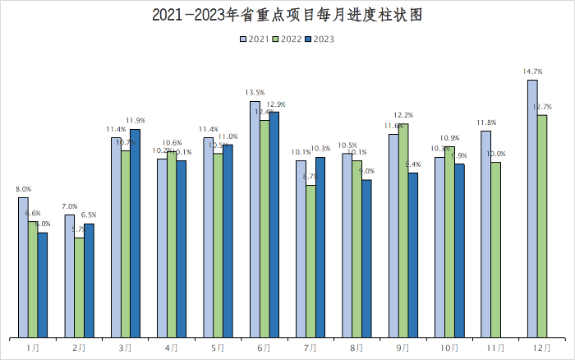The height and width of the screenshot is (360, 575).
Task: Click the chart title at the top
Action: [x=287, y=15]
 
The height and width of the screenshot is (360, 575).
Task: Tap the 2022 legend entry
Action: [x=286, y=39]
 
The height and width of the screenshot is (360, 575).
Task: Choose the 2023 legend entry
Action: [x=320, y=39]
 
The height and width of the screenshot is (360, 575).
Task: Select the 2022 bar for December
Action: [x=542, y=226]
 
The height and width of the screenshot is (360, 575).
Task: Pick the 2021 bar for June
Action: [x=255, y=219]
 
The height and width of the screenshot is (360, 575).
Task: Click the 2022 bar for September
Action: [x=403, y=230]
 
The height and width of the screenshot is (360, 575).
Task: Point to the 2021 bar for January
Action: [x=23, y=267]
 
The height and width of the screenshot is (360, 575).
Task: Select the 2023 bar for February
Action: [x=89, y=280]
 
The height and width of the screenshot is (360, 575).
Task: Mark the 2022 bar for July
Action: [x=310, y=261]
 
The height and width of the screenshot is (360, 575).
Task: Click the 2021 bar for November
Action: [x=486, y=233]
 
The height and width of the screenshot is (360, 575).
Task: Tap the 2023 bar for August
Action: [x=366, y=258]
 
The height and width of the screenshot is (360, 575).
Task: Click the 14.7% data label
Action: [x=531, y=72]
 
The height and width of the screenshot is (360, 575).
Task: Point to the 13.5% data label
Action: [x=255, y=93]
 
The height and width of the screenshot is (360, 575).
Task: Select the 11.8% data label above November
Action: [x=485, y=122]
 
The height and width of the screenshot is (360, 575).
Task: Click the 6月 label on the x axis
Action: [x=264, y=348]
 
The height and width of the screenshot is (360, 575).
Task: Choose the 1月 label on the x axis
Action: [x=33, y=348]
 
